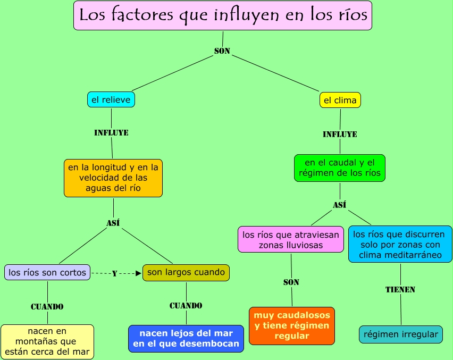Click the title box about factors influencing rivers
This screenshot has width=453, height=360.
coord(223,15)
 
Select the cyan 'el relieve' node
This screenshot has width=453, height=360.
coord(111,99)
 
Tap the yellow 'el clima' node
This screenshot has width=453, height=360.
coord(340,100)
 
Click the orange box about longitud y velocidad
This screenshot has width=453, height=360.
coord(113,178)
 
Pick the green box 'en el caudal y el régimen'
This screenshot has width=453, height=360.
coord(340,168)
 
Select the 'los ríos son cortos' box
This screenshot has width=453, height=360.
coord(47,272)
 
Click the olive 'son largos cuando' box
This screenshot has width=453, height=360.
coord(186,272)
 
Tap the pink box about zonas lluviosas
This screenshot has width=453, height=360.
coord(291,239)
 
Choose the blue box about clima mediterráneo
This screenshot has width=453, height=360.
coord(400,244)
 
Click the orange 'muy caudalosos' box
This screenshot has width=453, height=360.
coord(292,325)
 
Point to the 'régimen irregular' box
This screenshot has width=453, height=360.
coord(401,334)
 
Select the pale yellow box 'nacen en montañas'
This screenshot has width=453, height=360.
coord(47,341)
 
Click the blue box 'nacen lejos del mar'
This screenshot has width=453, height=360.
coord(186,339)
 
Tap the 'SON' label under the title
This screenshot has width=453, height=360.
coord(222,51)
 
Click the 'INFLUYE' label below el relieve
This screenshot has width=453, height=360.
coord(111,133)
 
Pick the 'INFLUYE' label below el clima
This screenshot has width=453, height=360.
coord(340,135)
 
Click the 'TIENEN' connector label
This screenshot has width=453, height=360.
coord(400,290)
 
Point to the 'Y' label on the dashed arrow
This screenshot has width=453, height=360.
coord(114,274)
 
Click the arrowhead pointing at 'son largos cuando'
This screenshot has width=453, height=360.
coord(138,273)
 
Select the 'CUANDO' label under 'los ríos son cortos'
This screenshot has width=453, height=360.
coord(47,307)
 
